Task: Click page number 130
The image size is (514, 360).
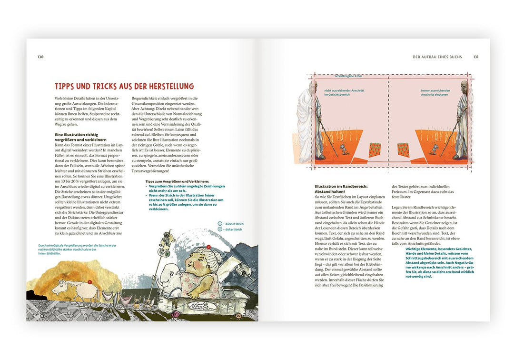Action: (40, 57)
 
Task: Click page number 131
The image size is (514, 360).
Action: (476, 57)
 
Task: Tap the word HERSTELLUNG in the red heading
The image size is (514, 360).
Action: (165, 86)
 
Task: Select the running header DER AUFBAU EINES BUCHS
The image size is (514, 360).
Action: (437, 57)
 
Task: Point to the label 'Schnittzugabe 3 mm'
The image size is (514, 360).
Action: (348, 76)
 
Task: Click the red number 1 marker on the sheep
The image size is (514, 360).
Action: (90, 282)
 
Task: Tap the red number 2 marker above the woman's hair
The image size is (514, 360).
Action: (208, 247)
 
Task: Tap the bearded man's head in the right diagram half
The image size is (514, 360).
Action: (464, 88)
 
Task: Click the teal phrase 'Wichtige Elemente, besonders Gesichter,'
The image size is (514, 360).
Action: (438, 249)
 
